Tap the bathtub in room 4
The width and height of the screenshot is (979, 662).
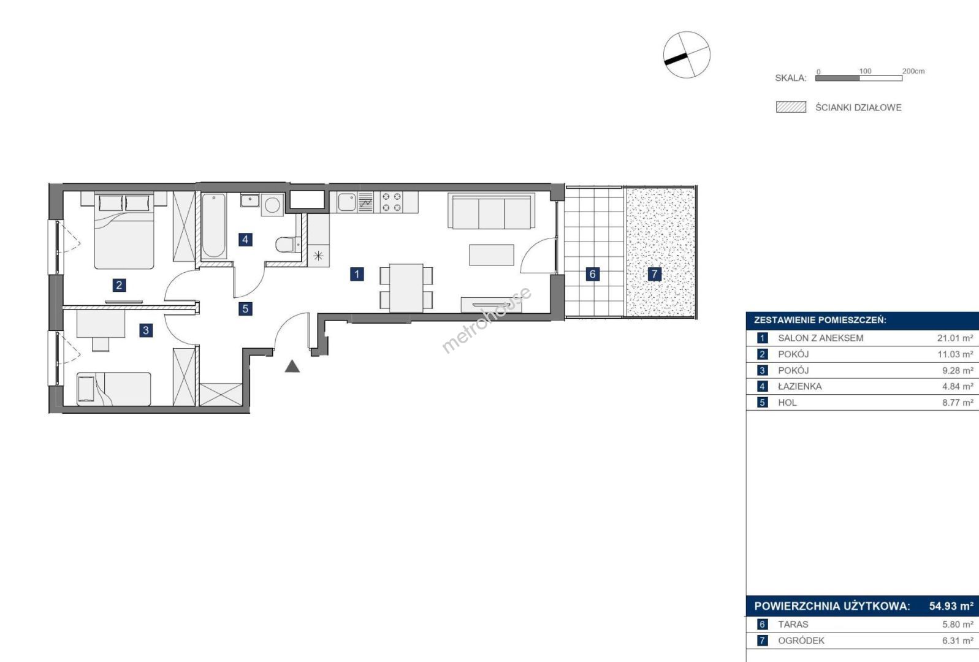tap(214, 226)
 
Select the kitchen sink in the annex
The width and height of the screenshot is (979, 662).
tap(346, 202)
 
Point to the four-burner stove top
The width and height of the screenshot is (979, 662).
tap(392, 202)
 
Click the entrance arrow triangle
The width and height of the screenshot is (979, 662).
tap(292, 367)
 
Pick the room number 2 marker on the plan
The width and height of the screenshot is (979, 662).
tap(119, 286)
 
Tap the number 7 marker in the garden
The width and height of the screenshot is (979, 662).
tap(654, 274)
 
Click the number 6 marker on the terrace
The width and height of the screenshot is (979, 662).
tap(592, 274)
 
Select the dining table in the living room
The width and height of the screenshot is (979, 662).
tap(406, 287)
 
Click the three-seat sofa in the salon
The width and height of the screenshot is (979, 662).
tap(492, 211)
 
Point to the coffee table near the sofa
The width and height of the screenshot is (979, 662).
tap(492, 255)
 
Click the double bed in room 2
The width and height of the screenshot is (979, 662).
tap(124, 230)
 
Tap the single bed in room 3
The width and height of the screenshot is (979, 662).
tap(114, 389)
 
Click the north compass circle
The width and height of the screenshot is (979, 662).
tap(687, 55)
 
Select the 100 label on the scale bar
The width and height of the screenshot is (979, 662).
tap(865, 71)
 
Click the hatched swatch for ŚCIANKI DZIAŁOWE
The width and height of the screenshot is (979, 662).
tap(791, 107)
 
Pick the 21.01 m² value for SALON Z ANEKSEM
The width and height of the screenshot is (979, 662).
tap(955, 338)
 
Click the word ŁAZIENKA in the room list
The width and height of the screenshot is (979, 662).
tap(800, 386)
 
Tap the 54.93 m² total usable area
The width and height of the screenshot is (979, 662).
tap(951, 606)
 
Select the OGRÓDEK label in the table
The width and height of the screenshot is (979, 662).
tap(801, 641)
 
